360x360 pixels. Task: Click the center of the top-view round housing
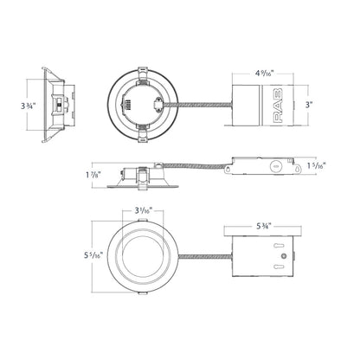point(143,103)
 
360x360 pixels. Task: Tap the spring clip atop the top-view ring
point(143,69)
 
